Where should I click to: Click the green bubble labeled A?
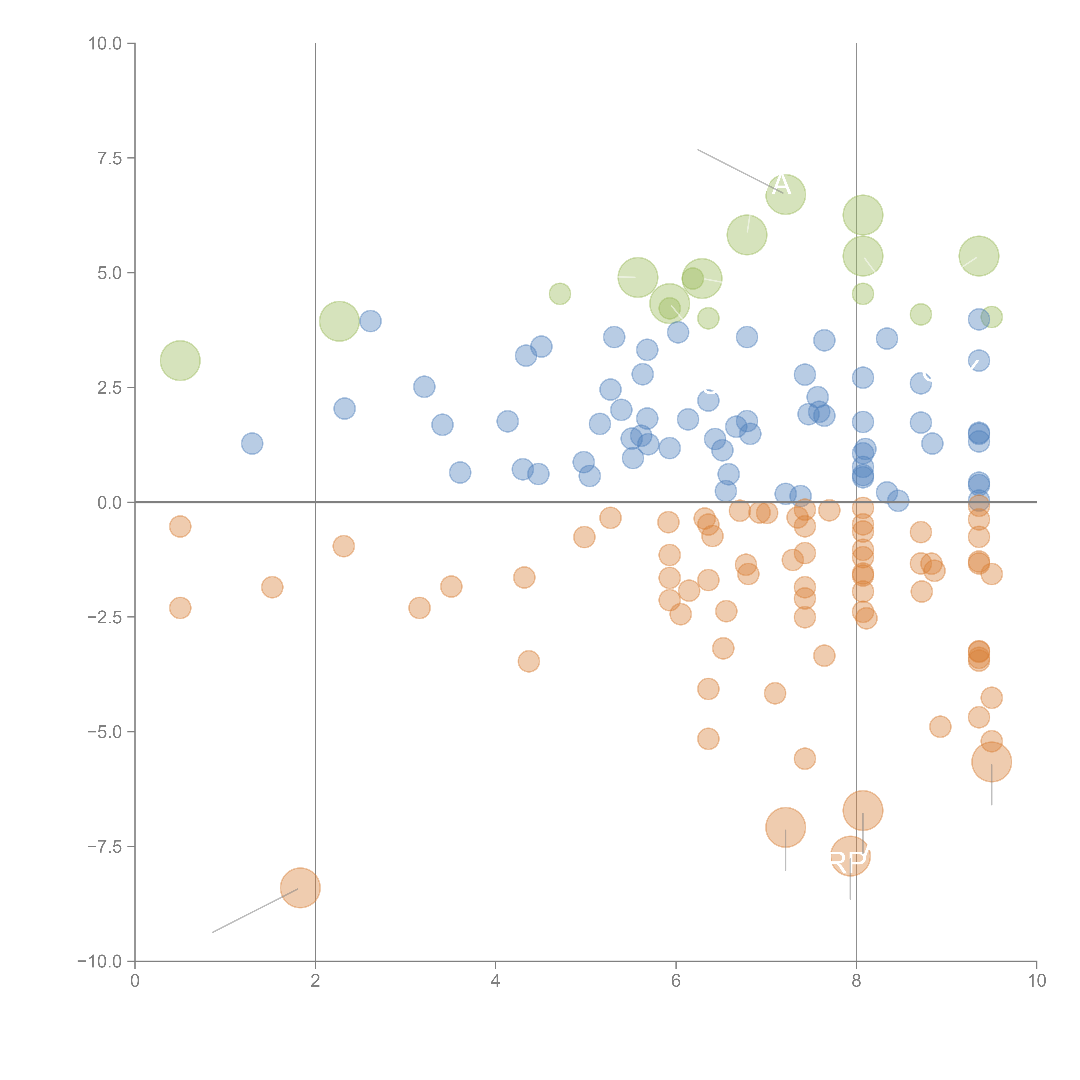(785, 194)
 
